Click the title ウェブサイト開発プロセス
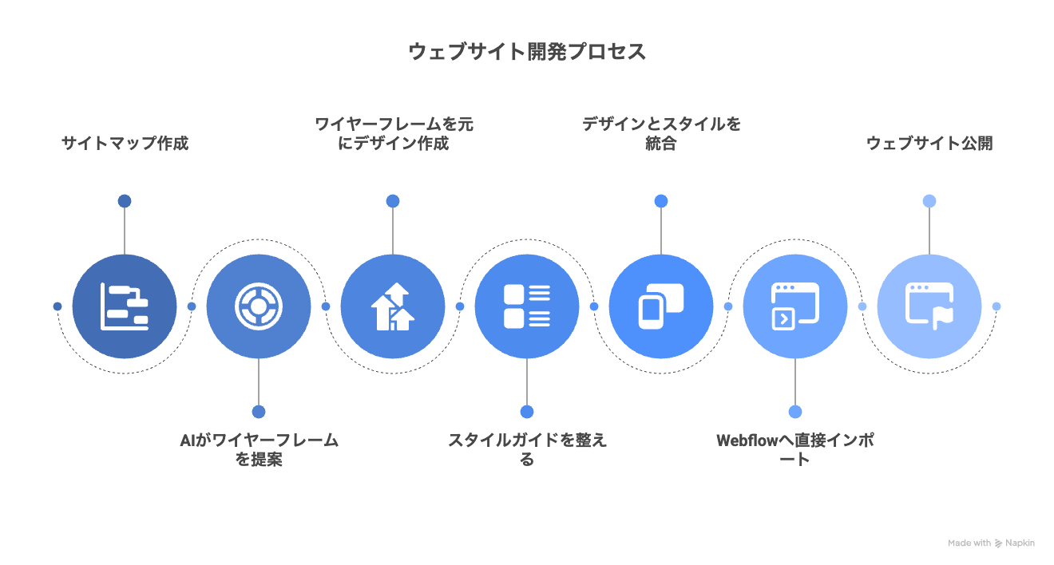[x=527, y=52]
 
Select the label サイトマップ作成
[x=125, y=144]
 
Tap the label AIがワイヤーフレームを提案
[x=259, y=450]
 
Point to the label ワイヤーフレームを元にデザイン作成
[x=393, y=133]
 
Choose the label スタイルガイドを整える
[x=527, y=450]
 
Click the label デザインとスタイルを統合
[x=661, y=133]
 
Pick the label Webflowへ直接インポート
[x=795, y=450]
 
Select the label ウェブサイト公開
[x=929, y=144]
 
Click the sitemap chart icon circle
[x=125, y=306]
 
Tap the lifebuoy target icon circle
[x=259, y=306]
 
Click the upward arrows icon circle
[x=393, y=306]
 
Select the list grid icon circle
[x=527, y=306]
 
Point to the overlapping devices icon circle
[x=661, y=306]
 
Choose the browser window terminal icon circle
[x=795, y=306]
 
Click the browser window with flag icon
[x=929, y=306]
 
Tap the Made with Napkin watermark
[x=991, y=543]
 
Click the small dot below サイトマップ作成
[x=125, y=201]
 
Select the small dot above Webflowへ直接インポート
[x=795, y=412]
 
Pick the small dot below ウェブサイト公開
[x=929, y=201]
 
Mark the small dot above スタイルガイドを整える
[x=527, y=412]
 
